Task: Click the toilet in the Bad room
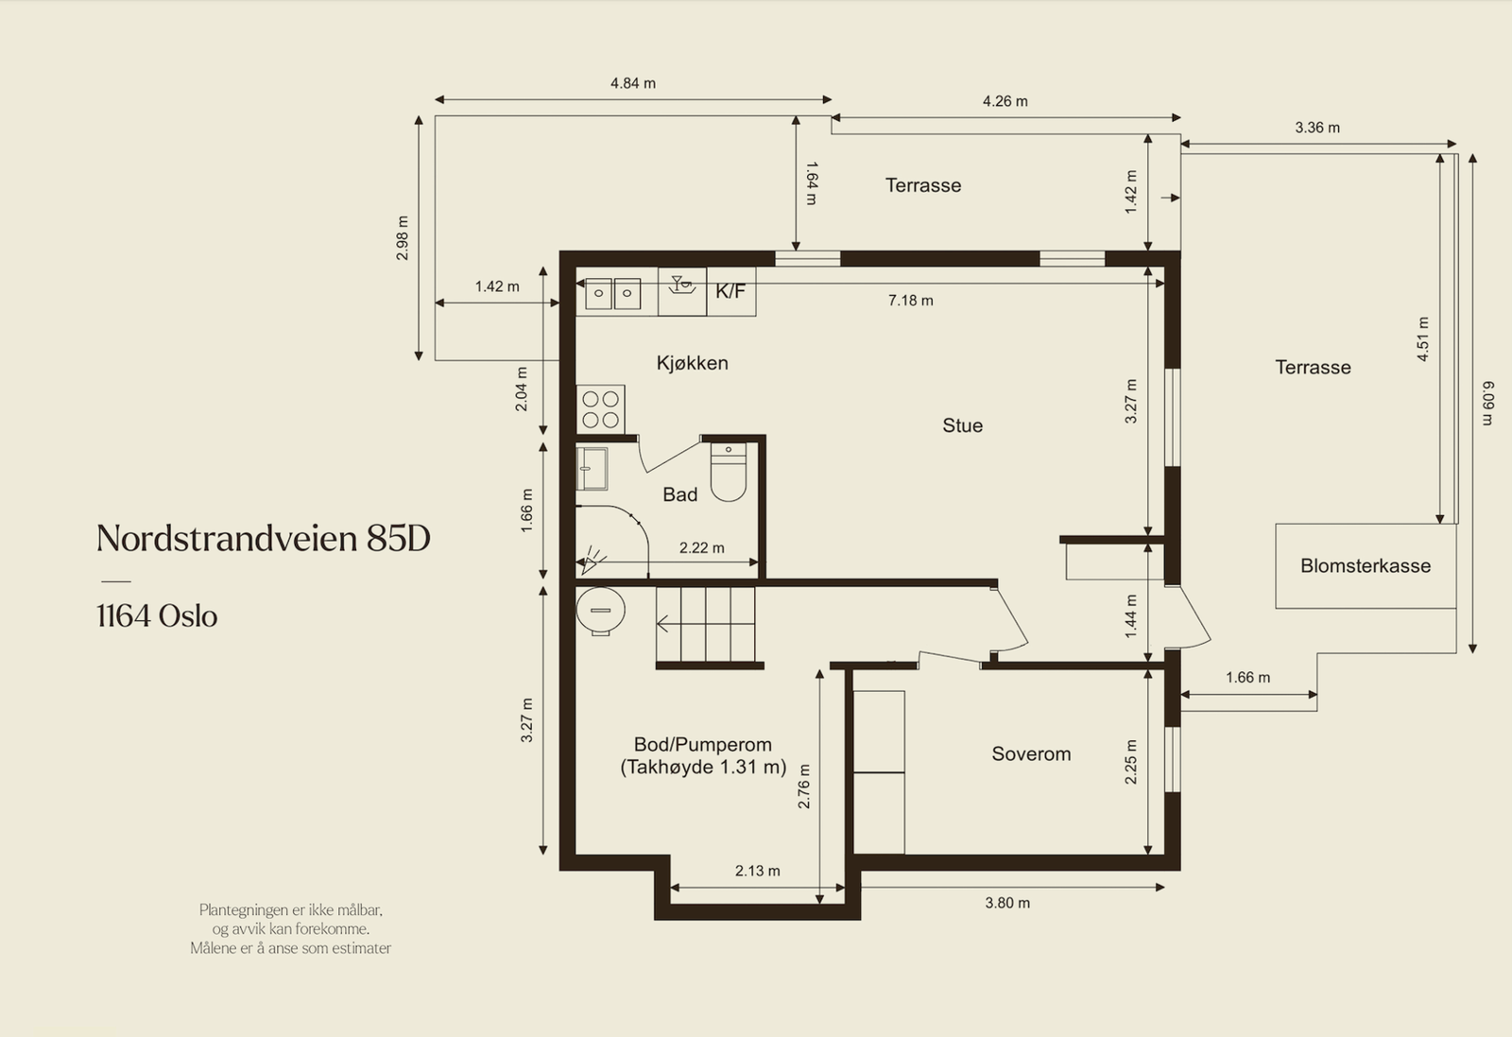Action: [x=729, y=472]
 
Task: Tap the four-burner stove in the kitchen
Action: [x=600, y=409]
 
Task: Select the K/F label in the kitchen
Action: [x=730, y=292]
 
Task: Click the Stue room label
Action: [x=963, y=425]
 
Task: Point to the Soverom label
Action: [x=1031, y=753]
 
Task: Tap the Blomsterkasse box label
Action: [x=1366, y=565]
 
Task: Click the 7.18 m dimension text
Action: [x=911, y=301]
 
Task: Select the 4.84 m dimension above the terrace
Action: [x=633, y=83]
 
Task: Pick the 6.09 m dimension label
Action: [x=1487, y=404]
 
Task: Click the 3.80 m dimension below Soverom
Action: [x=1007, y=903]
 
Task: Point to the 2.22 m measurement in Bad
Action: [x=701, y=547]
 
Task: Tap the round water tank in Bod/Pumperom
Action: [x=600, y=611]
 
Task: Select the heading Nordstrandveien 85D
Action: [x=264, y=538]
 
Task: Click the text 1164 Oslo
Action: [x=157, y=615]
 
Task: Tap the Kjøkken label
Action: [x=693, y=363]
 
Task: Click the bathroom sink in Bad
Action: [x=592, y=469]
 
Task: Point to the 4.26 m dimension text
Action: [x=1005, y=101]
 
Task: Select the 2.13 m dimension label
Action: [x=757, y=871]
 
